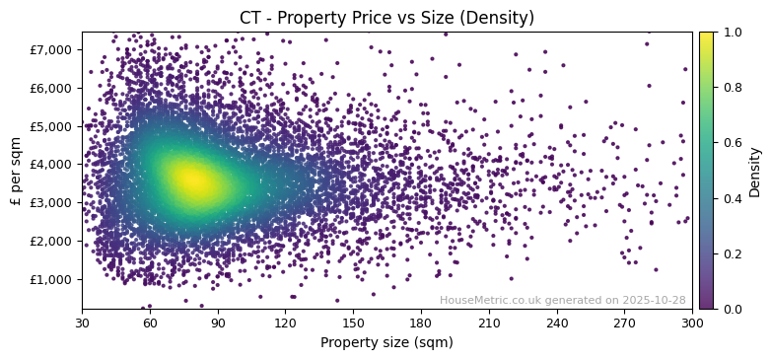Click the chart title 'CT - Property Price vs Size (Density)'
tap(386, 18)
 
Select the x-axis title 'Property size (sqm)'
tap(386, 342)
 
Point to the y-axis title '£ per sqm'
tap(17, 171)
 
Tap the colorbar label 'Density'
tap(754, 171)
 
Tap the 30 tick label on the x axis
tap(82, 322)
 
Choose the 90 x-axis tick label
tap(218, 322)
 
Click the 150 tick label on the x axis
tap(353, 322)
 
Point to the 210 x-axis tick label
tap(489, 322)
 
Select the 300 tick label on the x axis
tap(692, 322)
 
